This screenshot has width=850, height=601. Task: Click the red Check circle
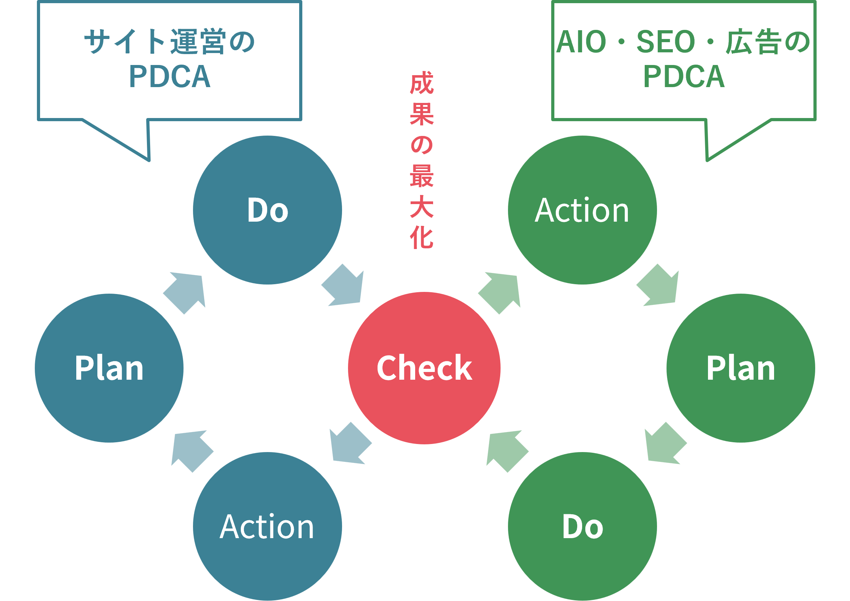click(x=424, y=368)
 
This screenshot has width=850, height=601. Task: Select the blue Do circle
click(x=268, y=210)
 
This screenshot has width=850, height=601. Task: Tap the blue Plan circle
click(x=109, y=368)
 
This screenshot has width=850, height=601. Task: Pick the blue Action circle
click(x=268, y=526)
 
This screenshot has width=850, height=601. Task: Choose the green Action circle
click(x=582, y=210)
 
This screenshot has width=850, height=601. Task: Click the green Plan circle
click(x=741, y=368)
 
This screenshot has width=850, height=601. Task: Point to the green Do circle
click(x=582, y=526)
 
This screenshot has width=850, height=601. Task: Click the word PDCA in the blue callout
click(x=170, y=77)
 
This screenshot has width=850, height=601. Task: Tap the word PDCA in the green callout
click(x=684, y=77)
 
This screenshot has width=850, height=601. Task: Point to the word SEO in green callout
click(x=665, y=42)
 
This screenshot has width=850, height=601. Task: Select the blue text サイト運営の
click(x=170, y=42)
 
